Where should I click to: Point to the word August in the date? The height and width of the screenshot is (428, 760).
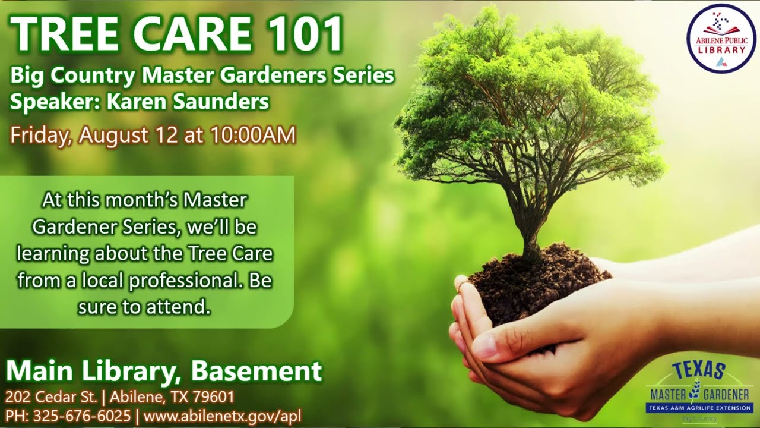coord(114,135)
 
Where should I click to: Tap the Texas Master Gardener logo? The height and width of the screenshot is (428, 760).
coord(699,389)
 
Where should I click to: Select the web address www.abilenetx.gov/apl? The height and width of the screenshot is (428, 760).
coord(223,416)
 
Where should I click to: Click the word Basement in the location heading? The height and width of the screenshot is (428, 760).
coord(256,371)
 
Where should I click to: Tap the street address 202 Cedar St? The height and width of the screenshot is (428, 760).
coord(47,396)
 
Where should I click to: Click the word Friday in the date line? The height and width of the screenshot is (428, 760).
coord(40,135)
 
